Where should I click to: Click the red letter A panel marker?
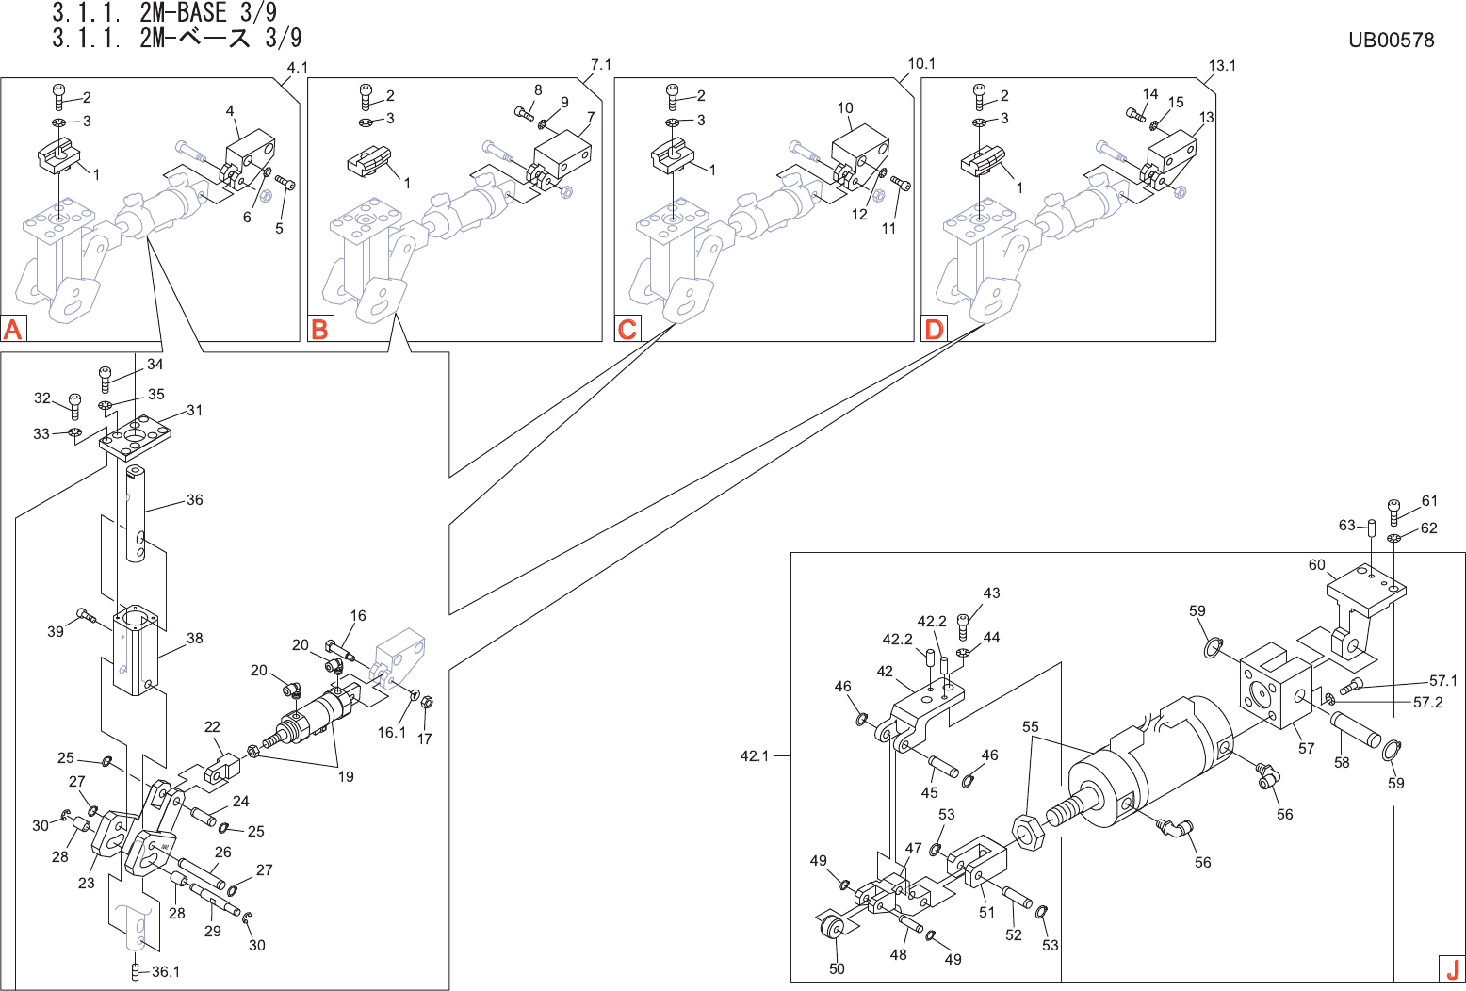tap(13, 329)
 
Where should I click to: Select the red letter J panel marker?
tap(1452, 968)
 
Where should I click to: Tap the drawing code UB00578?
tap(1391, 40)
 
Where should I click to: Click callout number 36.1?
tap(165, 971)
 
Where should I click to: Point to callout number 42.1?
tap(755, 755)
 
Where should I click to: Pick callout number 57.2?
tap(1427, 703)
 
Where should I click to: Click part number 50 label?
tap(837, 968)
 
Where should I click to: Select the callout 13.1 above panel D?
tap(1222, 65)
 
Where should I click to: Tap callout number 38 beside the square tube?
tap(194, 638)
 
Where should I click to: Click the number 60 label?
tap(1316, 565)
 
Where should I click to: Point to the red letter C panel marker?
tap(627, 329)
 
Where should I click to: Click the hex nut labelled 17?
tap(425, 702)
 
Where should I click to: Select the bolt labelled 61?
tap(1394, 512)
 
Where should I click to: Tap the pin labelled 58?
tap(1356, 729)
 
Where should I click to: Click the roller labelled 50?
tap(830, 927)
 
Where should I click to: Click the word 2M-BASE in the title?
tap(183, 13)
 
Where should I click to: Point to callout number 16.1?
tap(392, 732)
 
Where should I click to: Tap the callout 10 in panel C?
tap(845, 108)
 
